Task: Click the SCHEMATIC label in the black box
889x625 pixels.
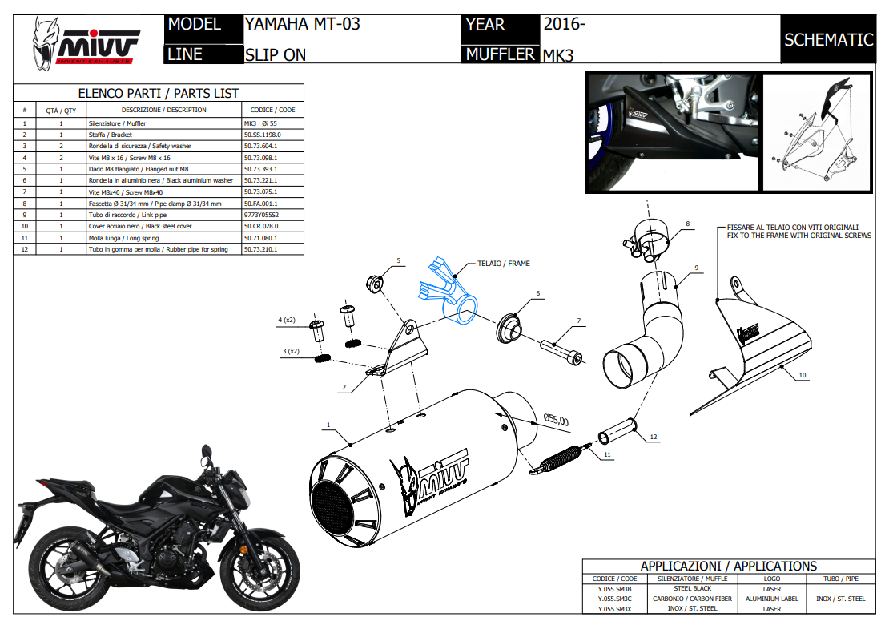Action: coord(828,40)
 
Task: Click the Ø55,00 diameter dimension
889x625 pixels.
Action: coord(555,420)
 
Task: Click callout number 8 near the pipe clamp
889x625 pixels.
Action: coord(686,224)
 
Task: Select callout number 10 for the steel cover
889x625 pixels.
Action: coord(802,374)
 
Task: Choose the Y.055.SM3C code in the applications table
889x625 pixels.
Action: coord(614,598)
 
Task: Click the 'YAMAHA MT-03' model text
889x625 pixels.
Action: coord(302,24)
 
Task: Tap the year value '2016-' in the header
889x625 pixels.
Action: coord(565,24)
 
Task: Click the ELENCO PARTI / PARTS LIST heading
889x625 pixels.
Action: coord(158,93)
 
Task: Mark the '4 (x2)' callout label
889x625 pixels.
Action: coord(287,321)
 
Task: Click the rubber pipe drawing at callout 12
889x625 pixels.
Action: coord(618,431)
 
